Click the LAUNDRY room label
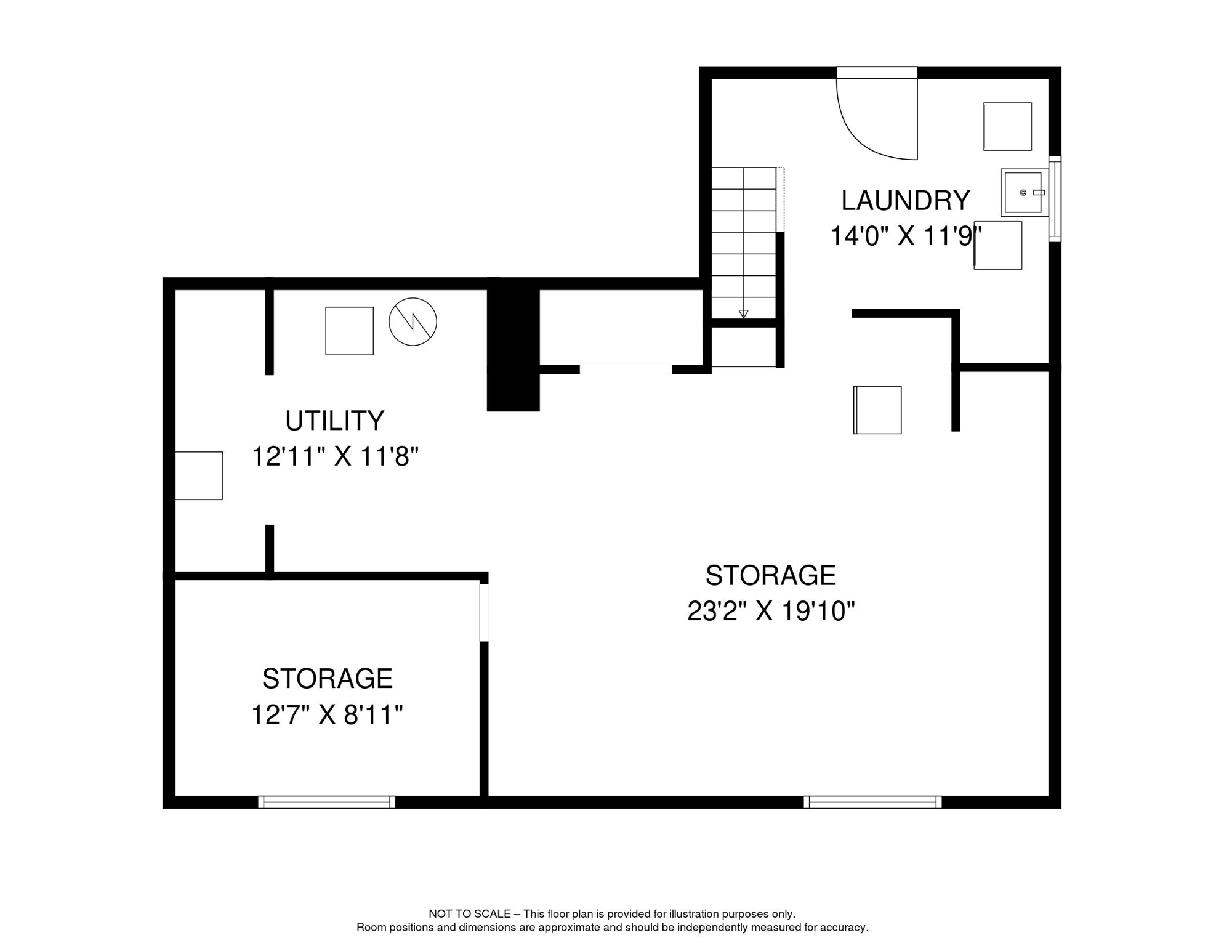point(905,201)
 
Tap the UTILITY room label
point(334,421)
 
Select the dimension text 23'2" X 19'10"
point(770,612)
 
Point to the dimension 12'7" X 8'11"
point(326,715)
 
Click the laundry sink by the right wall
point(1023,193)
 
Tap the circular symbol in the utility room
point(413,321)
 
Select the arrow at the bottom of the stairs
point(743,314)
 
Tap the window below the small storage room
point(326,802)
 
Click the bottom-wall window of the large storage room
point(872,802)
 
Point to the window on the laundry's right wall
point(1054,199)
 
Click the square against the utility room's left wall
point(199,475)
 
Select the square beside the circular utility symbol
point(349,331)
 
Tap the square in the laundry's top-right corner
point(1007,126)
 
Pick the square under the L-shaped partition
point(877,410)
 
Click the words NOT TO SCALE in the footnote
point(469,914)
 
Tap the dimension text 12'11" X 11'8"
point(334,457)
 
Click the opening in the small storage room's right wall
point(484,612)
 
